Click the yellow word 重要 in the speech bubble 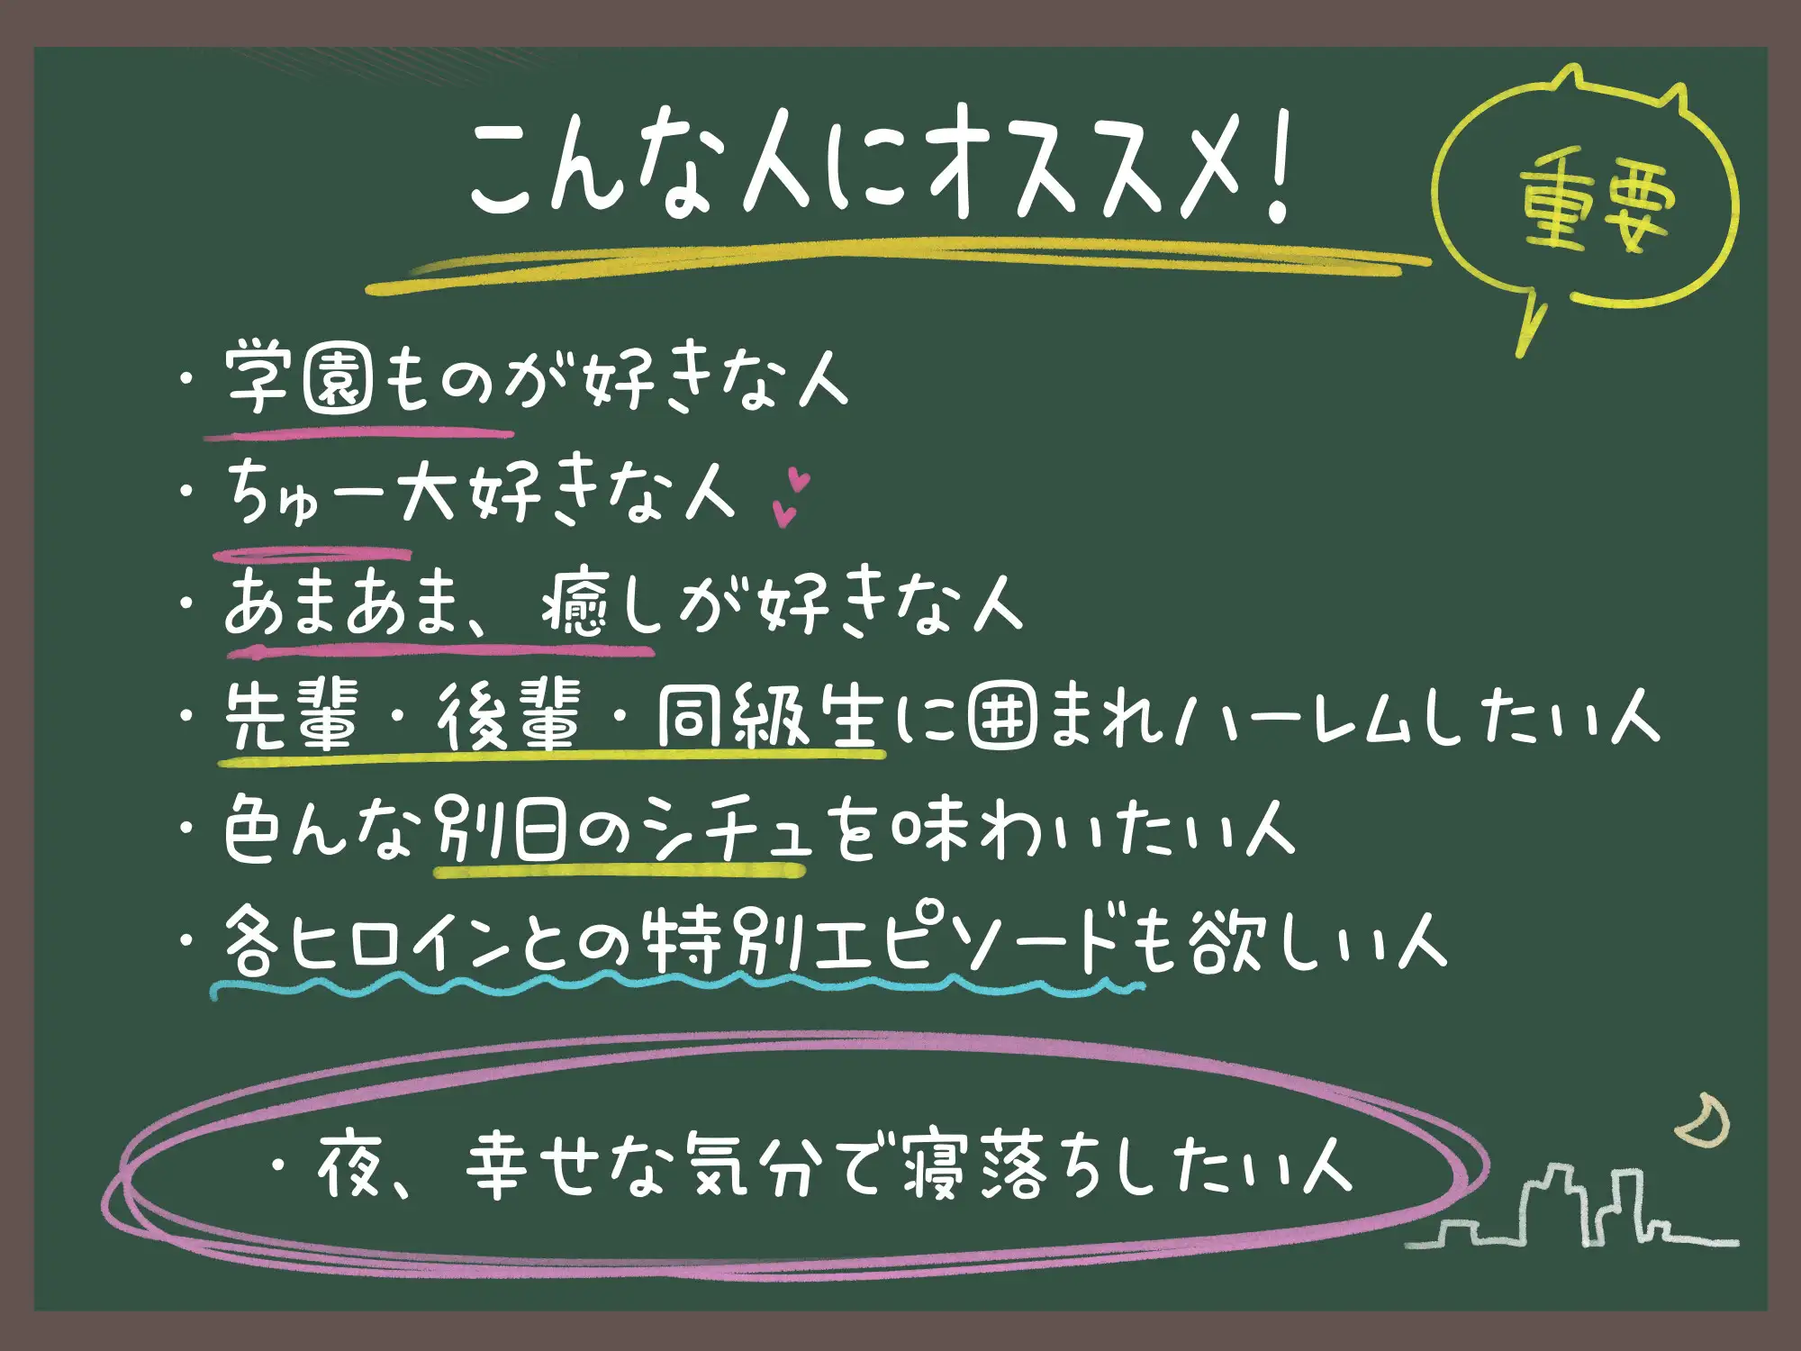pos(1597,209)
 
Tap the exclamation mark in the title pos(1276,167)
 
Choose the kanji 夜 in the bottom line pos(350,1166)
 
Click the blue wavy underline pos(675,987)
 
